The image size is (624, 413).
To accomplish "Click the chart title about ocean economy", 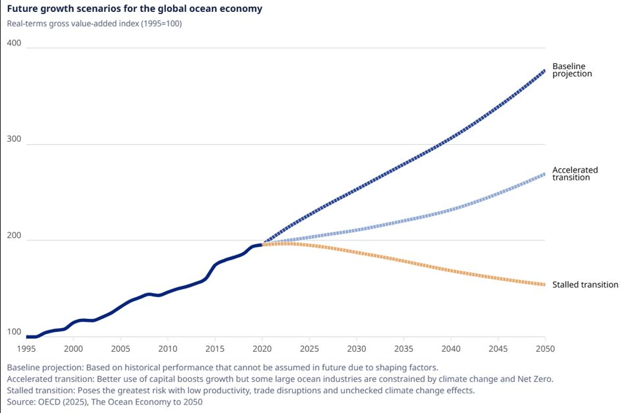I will coord(134,9).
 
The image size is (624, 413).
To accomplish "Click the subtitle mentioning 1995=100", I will coord(94,24).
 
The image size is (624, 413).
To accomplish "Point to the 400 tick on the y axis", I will coord(14,43).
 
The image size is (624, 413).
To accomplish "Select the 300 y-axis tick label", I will coord(14,140).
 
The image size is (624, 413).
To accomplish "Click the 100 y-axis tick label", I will coord(14,332).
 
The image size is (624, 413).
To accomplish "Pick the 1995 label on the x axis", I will coord(26,348).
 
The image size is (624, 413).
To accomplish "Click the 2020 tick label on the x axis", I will coord(263,348).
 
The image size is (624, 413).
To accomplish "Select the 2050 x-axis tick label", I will coord(545,348).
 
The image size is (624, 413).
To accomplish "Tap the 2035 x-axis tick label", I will coord(403,348).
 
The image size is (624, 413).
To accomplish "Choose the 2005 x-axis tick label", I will coord(120,348).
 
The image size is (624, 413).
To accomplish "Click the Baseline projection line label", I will coord(572,70).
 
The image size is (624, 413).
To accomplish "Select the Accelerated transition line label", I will coord(575,173).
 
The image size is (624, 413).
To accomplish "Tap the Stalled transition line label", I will coord(585,285).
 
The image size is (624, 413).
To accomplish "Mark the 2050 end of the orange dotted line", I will coord(544,285).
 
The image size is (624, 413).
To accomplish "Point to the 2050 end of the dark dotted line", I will coord(544,70).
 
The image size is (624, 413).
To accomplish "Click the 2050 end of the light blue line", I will coord(544,174).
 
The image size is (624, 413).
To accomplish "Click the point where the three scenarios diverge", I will coord(263,244).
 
